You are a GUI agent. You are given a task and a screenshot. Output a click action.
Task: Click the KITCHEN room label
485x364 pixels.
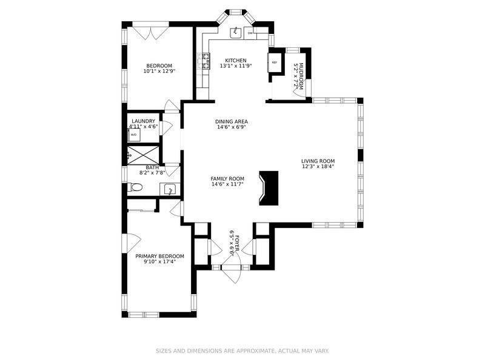(236, 60)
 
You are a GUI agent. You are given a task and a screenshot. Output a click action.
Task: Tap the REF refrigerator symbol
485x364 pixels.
(275, 63)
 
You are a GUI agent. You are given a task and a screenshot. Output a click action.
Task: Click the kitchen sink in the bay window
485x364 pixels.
(235, 32)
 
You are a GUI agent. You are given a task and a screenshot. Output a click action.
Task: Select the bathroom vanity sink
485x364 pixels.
(171, 189)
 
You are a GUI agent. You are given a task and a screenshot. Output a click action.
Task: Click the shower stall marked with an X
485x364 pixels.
(145, 154)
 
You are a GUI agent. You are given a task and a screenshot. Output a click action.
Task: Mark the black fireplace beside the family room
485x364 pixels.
(269, 188)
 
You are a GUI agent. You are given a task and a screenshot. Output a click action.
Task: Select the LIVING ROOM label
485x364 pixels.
(318, 161)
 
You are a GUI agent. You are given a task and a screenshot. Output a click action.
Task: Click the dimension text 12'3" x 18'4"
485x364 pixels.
(318, 167)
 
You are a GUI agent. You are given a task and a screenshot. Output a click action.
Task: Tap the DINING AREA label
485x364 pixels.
(232, 121)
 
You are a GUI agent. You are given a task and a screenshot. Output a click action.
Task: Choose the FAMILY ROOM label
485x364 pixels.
(227, 178)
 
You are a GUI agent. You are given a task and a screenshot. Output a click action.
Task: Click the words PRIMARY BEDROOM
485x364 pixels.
(159, 256)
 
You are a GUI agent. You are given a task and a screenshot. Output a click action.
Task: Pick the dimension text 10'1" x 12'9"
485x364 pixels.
(159, 71)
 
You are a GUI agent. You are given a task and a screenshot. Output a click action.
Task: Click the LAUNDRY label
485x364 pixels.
(143, 121)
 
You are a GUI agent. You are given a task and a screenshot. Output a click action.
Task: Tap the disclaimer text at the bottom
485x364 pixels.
(242, 351)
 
